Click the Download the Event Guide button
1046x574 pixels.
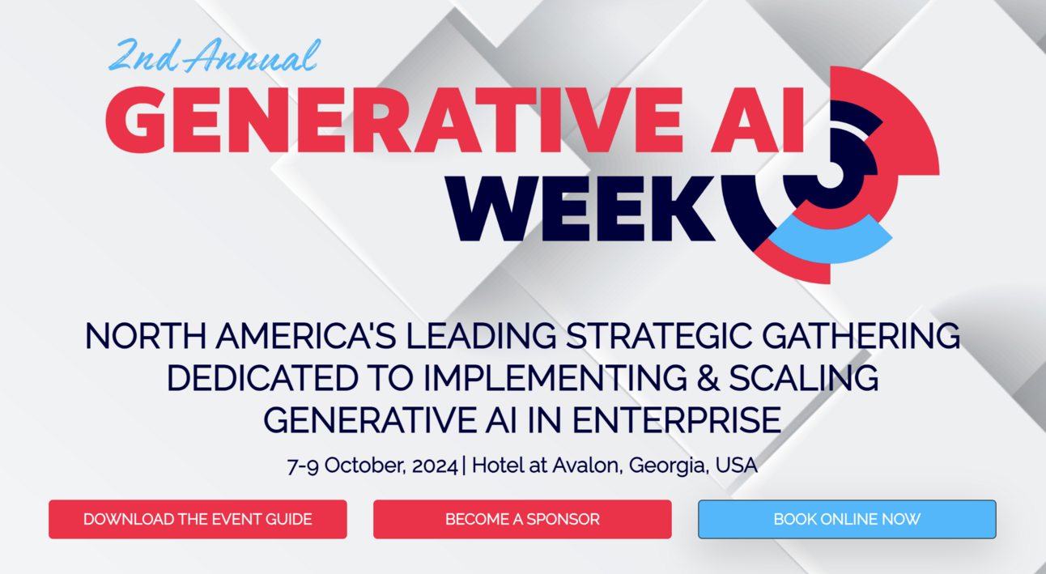tap(198, 520)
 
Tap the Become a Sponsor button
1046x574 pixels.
tap(522, 520)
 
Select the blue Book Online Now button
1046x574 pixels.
tap(847, 520)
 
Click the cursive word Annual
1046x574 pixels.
tap(252, 56)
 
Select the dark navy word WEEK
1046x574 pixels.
tap(580, 208)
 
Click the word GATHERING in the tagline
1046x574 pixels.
tap(861, 336)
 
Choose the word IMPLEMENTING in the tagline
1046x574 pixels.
tap(555, 378)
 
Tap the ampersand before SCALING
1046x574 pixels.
tap(708, 378)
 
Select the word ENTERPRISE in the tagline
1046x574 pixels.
tap(677, 420)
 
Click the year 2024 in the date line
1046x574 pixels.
tap(435, 466)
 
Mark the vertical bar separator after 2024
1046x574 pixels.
tap(464, 466)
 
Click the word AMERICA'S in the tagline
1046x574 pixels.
tap(306, 336)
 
